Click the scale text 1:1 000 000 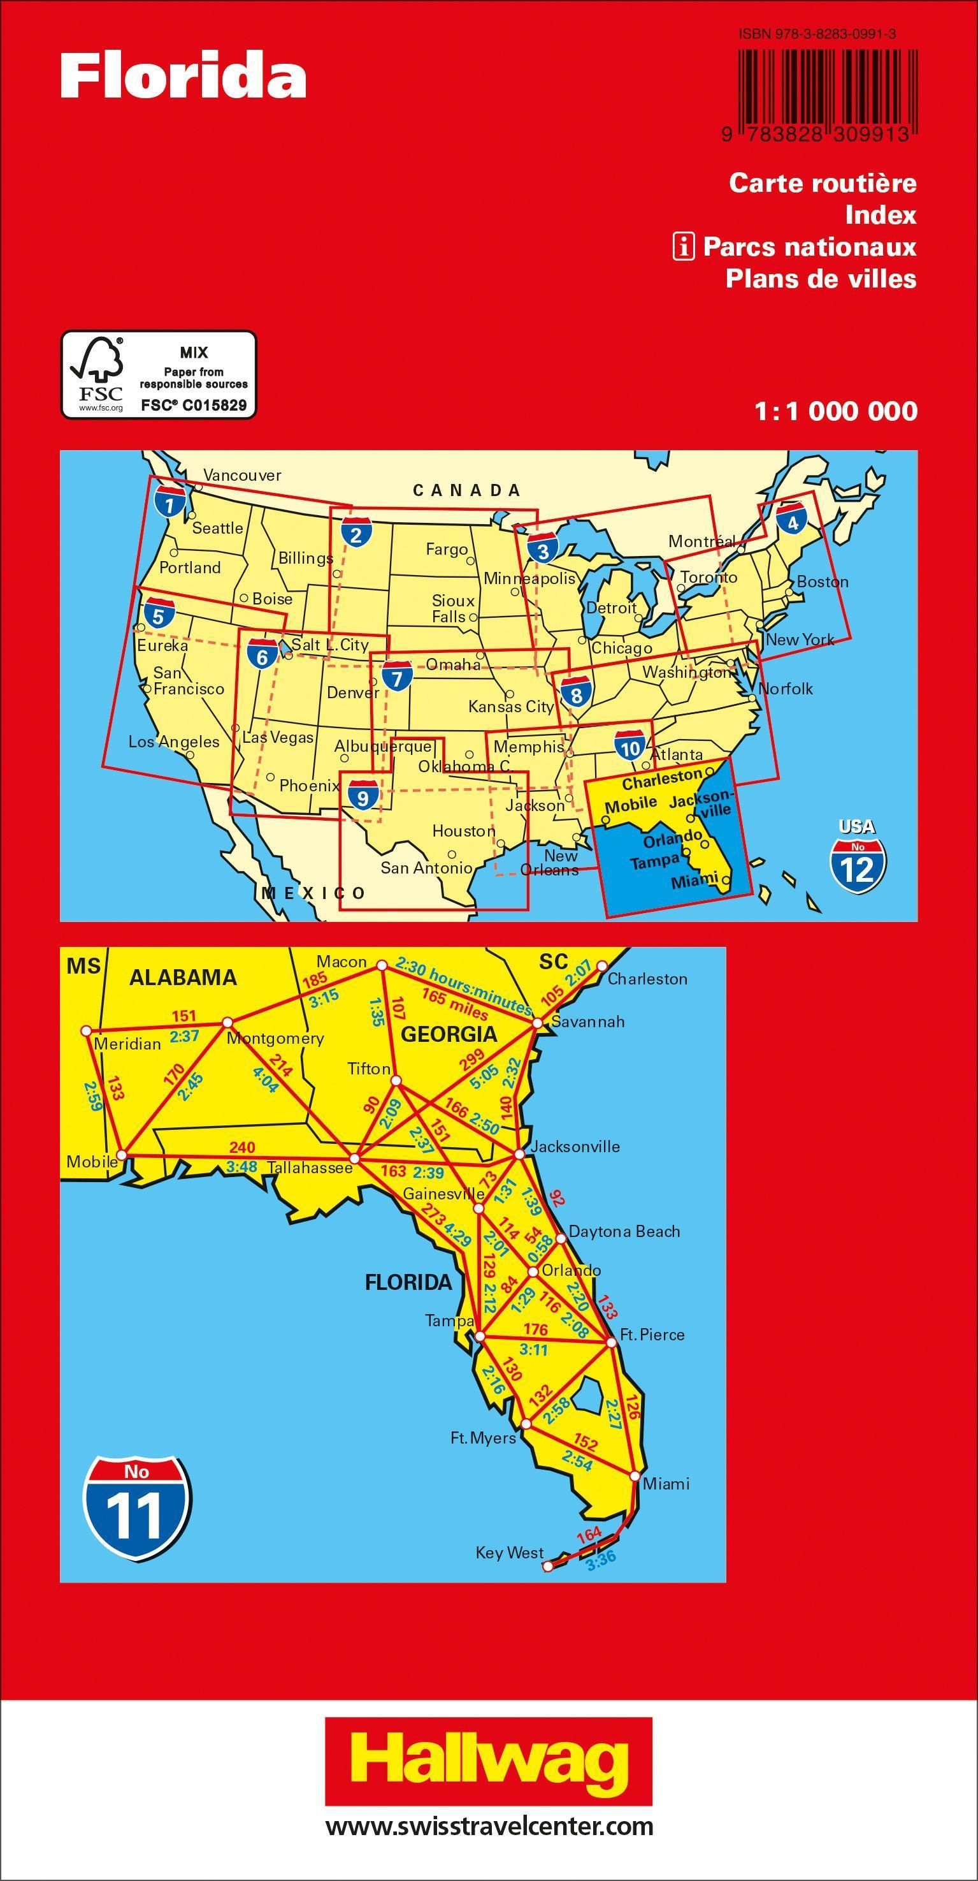click(837, 412)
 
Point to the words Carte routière click(823, 182)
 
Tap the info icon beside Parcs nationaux click(683, 247)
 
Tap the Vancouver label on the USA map click(241, 476)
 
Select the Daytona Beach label click(624, 1451)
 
